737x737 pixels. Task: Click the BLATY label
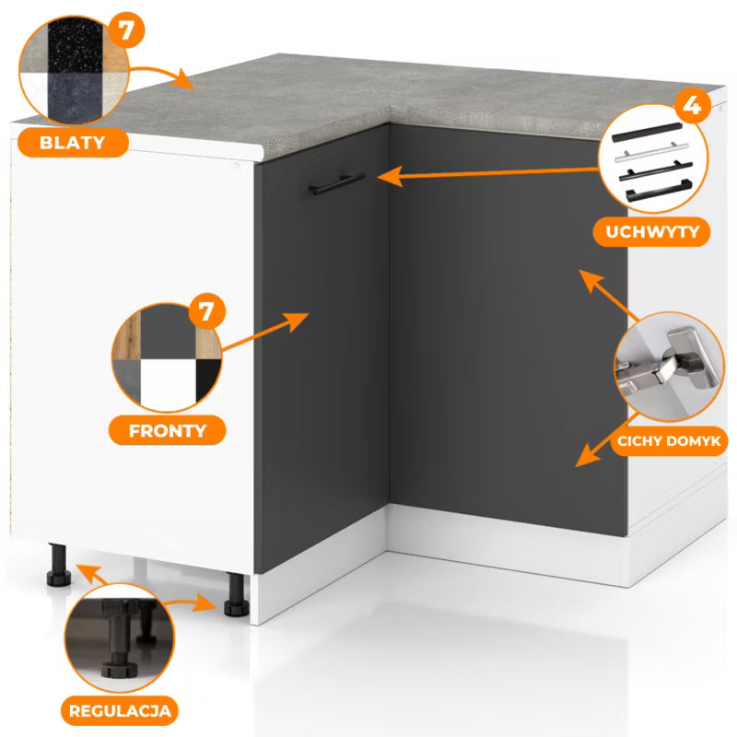pos(73,143)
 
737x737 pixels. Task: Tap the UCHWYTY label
pos(652,232)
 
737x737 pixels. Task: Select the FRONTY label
pos(168,430)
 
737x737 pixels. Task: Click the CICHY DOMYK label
pos(669,441)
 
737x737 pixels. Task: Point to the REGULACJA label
pos(120,710)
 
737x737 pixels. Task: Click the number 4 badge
pos(692,106)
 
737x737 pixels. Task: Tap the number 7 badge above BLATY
pos(125,30)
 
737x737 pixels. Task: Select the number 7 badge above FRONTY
pos(206,311)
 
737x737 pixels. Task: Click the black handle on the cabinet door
pos(336,184)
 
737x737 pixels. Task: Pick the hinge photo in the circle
pos(670,367)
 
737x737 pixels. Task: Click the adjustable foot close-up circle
pos(119,638)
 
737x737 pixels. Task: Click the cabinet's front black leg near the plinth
pos(236,594)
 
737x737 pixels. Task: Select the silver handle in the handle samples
pos(651,151)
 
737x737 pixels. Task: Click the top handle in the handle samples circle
pos(647,132)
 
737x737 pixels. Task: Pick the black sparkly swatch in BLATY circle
pos(75,47)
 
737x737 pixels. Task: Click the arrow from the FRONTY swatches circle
pos(264,332)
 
